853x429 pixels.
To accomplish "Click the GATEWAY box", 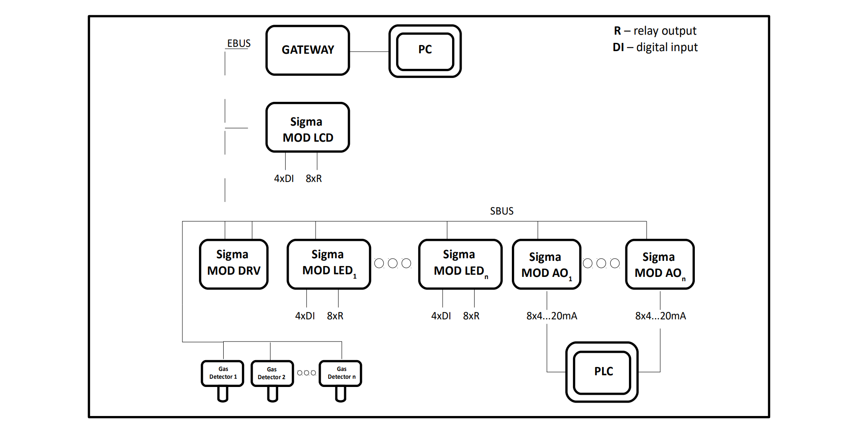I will [x=308, y=50].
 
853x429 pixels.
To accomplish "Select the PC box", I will [x=425, y=51].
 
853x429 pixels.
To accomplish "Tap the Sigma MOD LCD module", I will [x=308, y=128].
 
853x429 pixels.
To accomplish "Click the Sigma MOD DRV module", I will [x=234, y=264].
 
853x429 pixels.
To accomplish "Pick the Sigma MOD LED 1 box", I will [x=329, y=264].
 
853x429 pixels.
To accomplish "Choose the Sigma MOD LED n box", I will [x=460, y=264].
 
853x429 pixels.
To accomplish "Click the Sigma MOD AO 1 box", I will [x=546, y=264].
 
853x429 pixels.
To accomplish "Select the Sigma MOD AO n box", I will [x=659, y=264].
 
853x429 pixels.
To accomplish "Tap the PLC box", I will [x=602, y=372].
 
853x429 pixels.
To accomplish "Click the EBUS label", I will [x=239, y=43].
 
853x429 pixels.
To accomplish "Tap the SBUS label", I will [x=501, y=211].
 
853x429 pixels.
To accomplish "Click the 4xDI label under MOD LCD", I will [x=284, y=179].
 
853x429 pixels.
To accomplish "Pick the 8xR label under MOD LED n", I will [x=471, y=316].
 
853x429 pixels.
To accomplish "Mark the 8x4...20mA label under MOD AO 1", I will [x=551, y=316].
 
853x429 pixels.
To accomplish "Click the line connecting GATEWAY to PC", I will [x=369, y=52].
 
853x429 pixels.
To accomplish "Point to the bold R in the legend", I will [x=617, y=31].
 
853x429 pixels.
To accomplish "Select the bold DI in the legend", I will [x=618, y=47].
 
